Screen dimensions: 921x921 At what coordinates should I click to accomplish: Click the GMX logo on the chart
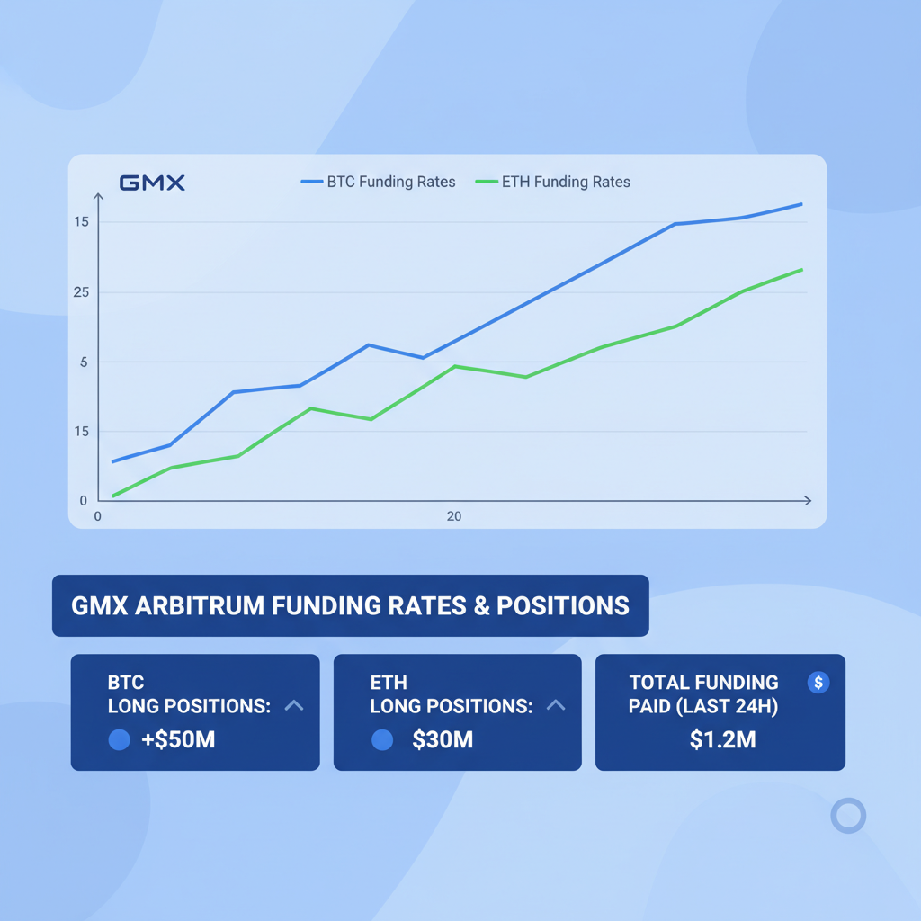(x=152, y=183)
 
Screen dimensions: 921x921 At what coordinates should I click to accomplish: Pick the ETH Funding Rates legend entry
(x=552, y=182)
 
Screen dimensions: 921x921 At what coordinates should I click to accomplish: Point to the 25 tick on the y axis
(x=81, y=292)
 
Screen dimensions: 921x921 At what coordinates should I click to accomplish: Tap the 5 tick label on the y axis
(x=84, y=362)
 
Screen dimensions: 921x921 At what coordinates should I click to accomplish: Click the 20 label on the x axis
(x=454, y=516)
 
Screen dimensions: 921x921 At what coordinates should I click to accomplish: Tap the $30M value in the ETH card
(x=443, y=740)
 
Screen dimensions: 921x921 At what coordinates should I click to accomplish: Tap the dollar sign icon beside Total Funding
(x=818, y=683)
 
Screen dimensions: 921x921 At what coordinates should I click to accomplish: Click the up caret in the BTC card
(x=293, y=706)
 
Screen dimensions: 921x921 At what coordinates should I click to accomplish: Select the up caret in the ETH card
(x=556, y=706)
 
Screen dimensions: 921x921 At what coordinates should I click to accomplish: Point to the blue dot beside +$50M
(x=119, y=740)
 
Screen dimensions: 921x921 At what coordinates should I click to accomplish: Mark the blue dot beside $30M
(x=382, y=740)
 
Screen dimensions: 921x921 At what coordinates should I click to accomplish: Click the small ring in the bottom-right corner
(x=847, y=816)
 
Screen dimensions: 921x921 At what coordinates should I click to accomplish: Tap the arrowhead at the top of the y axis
(x=98, y=196)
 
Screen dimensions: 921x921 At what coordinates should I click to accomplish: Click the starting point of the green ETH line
(x=113, y=496)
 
